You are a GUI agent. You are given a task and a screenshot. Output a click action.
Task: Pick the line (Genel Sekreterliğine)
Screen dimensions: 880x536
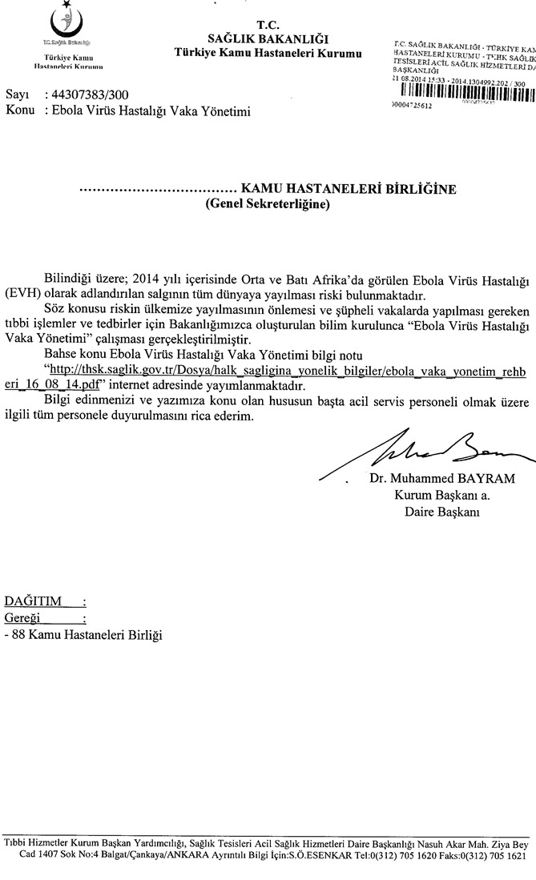268,204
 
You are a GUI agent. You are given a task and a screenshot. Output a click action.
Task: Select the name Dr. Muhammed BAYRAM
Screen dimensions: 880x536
442,480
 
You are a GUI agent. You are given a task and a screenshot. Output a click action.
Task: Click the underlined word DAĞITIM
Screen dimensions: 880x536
33,601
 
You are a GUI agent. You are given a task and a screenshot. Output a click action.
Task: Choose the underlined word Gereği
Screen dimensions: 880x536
25,618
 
